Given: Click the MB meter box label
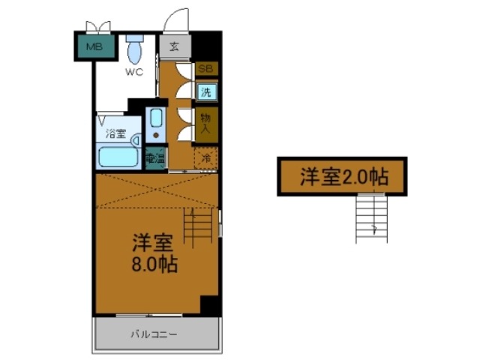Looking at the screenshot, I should click(94, 47).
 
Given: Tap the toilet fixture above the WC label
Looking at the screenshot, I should click(135, 50).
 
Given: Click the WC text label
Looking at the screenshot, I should click(134, 73).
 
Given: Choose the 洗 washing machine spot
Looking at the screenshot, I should click(205, 92).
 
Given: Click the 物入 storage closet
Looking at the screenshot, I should click(205, 123).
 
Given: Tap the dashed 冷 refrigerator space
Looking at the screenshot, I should click(205, 158).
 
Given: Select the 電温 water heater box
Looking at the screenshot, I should click(155, 158).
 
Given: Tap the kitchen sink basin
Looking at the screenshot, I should click(156, 121).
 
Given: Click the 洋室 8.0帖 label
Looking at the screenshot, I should click(155, 253).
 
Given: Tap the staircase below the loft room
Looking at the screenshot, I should click(373, 217).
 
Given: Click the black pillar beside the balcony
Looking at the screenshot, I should click(211, 306).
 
